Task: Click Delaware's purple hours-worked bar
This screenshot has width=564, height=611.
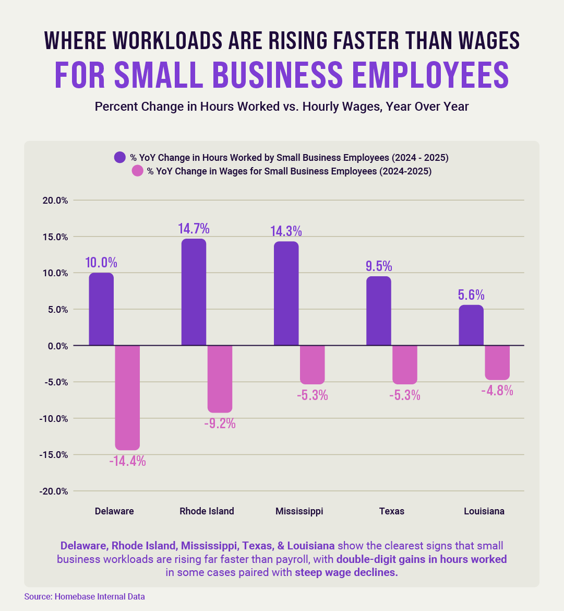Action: point(101,309)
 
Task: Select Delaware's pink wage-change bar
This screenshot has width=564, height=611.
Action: point(127,397)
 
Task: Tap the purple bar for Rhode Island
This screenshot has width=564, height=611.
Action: point(194,292)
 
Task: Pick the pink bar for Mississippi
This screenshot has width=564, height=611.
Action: point(312,365)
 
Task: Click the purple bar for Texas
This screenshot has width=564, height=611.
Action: point(379,311)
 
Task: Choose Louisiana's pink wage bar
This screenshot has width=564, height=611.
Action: point(497,362)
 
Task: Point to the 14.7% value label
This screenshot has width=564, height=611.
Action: point(194,229)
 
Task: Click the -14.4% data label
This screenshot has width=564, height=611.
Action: point(127,461)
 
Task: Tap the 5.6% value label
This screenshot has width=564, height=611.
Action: point(471,295)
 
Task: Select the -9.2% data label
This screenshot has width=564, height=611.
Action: point(220,424)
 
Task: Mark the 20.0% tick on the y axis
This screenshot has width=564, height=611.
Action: point(55,201)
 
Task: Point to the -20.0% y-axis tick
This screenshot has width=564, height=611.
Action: point(54,491)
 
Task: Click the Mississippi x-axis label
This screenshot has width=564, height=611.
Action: point(299,511)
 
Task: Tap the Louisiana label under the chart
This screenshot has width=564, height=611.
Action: point(484,511)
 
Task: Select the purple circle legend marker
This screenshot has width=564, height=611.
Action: point(120,157)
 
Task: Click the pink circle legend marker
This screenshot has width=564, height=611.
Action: point(137,171)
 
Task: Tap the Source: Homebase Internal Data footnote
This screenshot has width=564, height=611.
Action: point(85,596)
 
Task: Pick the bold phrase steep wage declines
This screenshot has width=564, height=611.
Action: point(346,572)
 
